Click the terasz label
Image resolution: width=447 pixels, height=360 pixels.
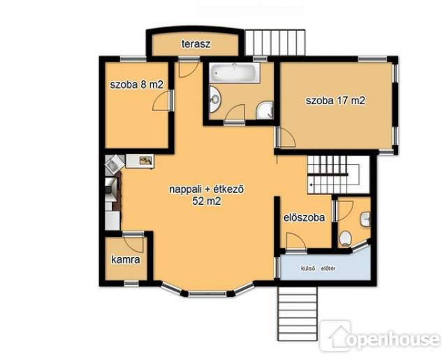point(196,44)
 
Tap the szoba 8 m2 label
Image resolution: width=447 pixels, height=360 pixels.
point(137,85)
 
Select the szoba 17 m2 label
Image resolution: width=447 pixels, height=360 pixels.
point(335,101)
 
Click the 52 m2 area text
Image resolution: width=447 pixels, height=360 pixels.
point(207,201)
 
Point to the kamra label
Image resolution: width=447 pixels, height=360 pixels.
point(126,260)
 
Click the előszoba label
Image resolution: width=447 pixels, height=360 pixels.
point(305,217)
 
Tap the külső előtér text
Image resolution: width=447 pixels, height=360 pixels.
point(318,268)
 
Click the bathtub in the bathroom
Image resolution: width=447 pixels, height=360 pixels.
point(235,73)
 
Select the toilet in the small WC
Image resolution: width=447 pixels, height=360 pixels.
point(345,238)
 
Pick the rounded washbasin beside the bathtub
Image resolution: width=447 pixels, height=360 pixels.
point(214,99)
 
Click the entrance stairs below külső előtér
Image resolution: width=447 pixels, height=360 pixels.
point(297,314)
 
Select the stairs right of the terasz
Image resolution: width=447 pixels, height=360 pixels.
point(275,42)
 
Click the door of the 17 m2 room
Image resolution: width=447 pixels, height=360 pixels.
point(286,138)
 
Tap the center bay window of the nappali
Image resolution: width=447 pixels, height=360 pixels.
point(207,294)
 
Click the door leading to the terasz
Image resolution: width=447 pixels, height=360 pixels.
point(188,68)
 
